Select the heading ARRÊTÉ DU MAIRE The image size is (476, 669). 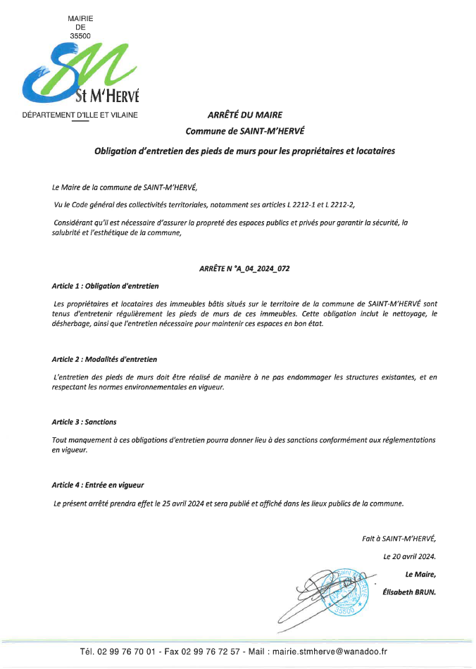tap(244, 115)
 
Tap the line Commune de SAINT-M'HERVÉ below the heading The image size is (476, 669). tap(244, 131)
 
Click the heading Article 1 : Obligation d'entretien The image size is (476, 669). tap(106, 286)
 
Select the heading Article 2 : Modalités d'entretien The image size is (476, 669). tap(105, 359)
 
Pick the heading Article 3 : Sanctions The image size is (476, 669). tap(84, 422)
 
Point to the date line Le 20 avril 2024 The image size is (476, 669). tap(410, 556)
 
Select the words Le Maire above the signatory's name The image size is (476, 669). tap(421, 574)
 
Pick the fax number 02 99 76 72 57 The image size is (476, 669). tap(210, 654)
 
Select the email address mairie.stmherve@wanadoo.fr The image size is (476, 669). tap(335, 654)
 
